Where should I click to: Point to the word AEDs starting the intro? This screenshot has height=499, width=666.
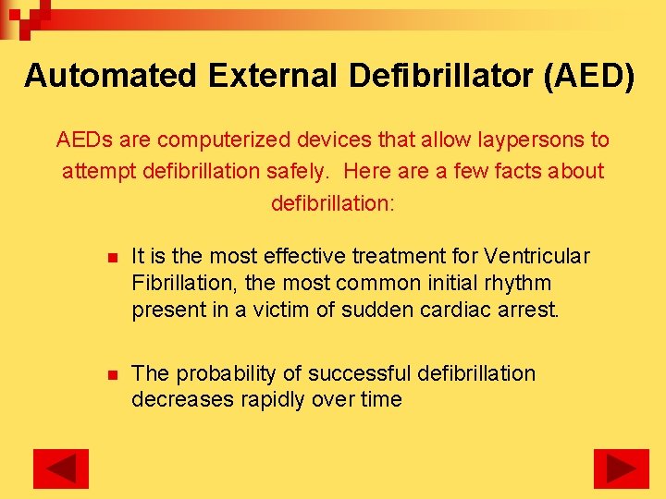click(81, 140)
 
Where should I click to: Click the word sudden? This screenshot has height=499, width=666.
click(376, 310)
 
